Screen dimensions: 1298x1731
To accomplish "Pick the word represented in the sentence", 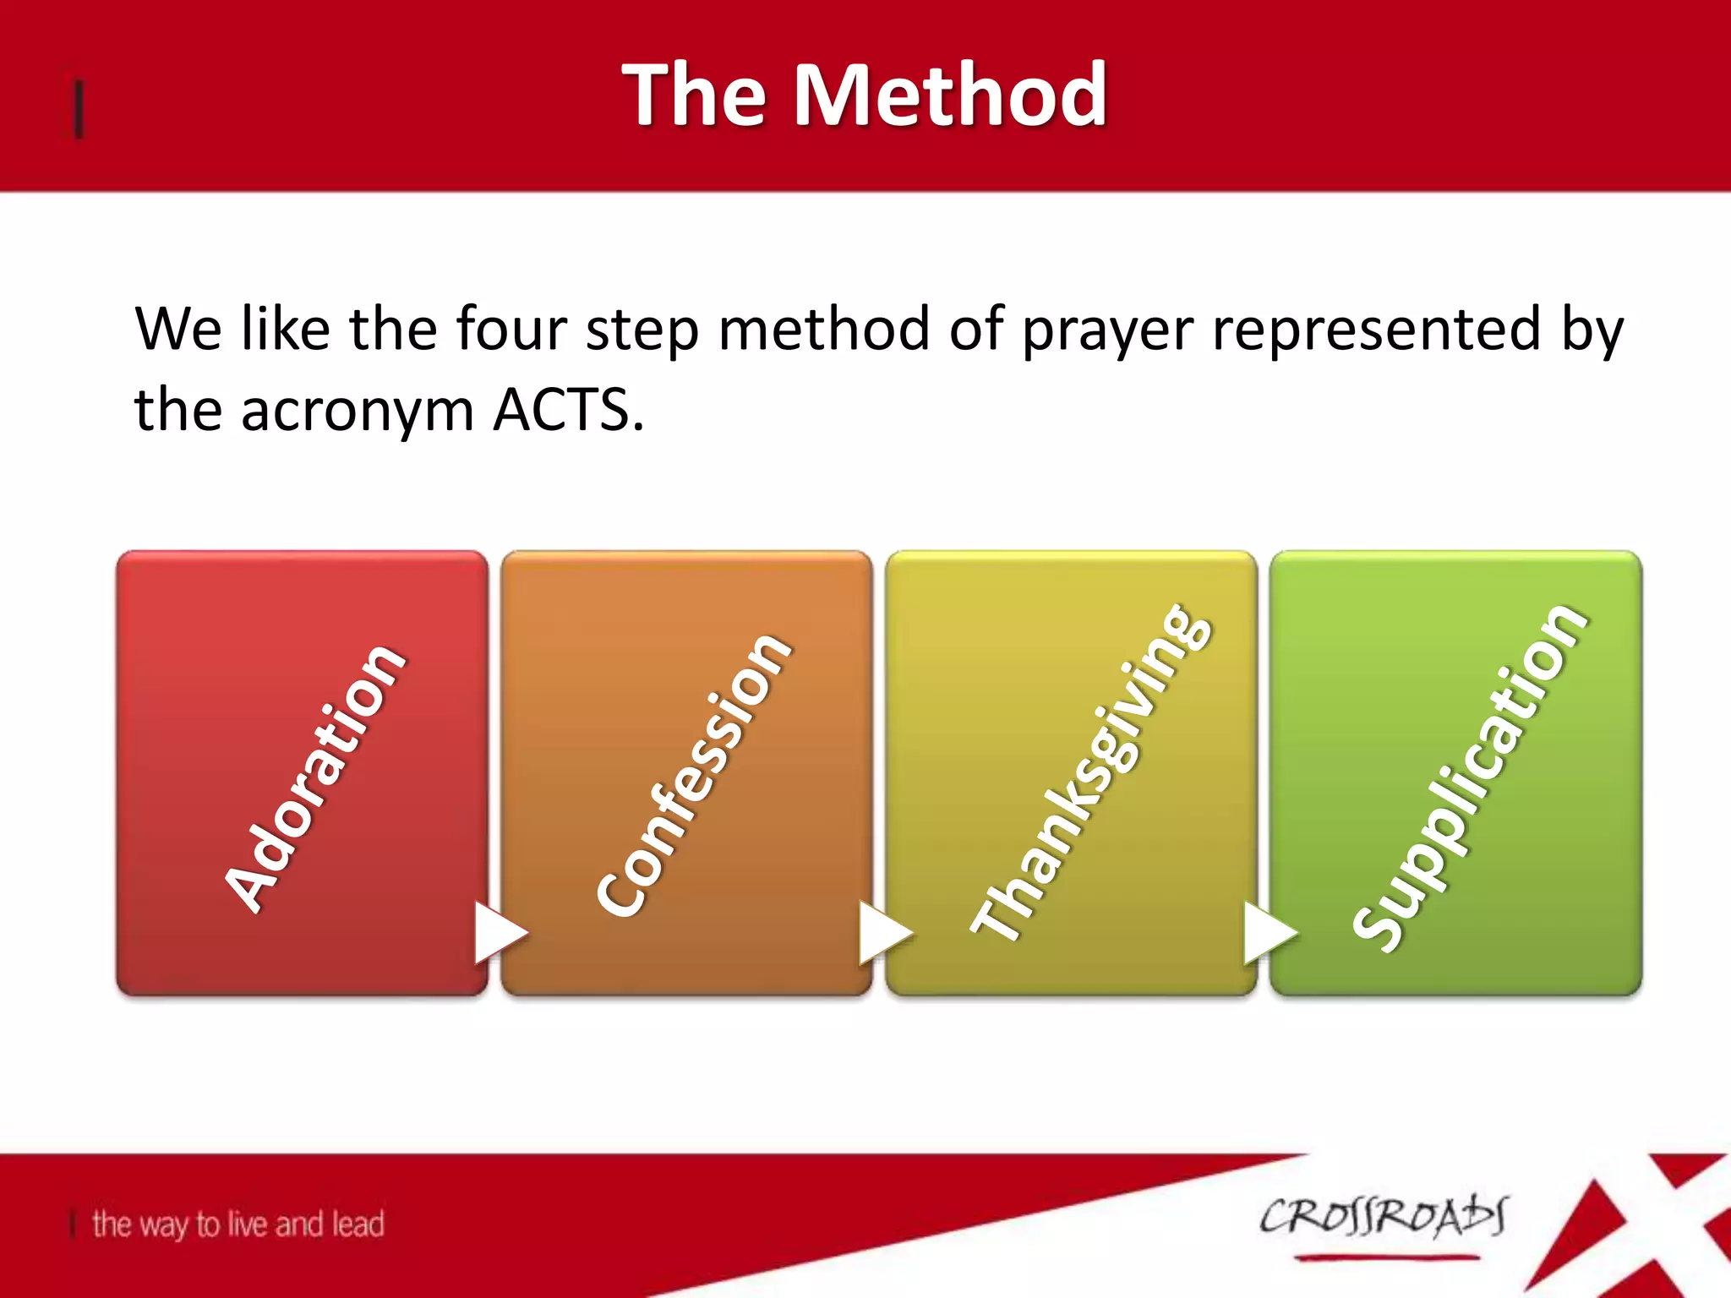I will coord(1376,330).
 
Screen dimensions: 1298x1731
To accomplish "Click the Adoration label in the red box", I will coord(314,777).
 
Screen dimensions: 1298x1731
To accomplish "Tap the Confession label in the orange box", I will coord(693,773).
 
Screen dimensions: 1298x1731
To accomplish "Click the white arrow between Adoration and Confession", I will coord(499,932).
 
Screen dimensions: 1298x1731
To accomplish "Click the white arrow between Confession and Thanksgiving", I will coord(883,932).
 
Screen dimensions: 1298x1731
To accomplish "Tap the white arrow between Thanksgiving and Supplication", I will coord(1268,932).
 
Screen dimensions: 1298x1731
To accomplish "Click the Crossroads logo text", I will coord(1383,1217).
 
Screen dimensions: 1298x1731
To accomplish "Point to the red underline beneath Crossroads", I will coord(1386,1257).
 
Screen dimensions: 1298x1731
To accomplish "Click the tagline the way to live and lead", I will coord(238,1224).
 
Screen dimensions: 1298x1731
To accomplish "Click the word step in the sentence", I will coord(642,330).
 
